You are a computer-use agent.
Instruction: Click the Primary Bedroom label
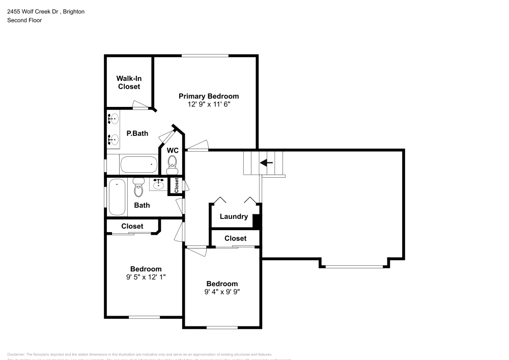(x=208, y=96)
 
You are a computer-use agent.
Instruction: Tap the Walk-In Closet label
(x=129, y=82)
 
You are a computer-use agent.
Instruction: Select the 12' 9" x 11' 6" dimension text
(x=208, y=104)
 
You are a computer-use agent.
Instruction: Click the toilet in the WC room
(x=173, y=162)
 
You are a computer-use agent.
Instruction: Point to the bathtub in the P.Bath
(x=139, y=165)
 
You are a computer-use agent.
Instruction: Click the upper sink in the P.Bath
(x=113, y=120)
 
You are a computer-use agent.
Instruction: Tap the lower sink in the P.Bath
(x=113, y=139)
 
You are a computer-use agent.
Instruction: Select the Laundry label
(x=234, y=216)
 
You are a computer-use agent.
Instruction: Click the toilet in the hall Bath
(x=138, y=188)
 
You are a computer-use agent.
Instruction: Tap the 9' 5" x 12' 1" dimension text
(x=146, y=278)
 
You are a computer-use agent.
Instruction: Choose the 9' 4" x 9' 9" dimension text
(x=222, y=292)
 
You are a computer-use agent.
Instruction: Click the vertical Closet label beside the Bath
(x=176, y=186)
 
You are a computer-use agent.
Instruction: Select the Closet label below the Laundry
(x=235, y=238)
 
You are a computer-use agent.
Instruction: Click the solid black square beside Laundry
(x=257, y=222)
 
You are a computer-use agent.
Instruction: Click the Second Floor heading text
(x=24, y=20)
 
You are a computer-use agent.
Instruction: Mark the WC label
(x=172, y=150)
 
